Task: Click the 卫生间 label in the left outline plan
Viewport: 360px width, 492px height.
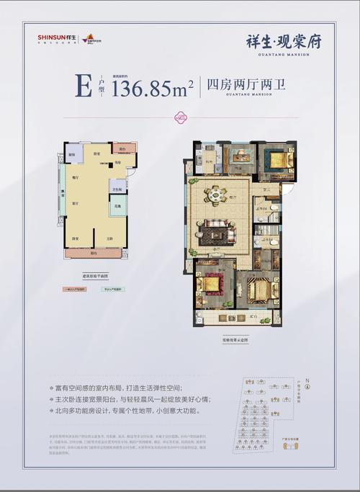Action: pyautogui.click(x=116, y=189)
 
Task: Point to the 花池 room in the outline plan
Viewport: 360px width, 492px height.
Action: pyautogui.click(x=117, y=207)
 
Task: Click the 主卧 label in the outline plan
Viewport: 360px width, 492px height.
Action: pyautogui.click(x=109, y=239)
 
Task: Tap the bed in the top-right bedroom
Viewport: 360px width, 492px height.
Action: pyautogui.click(x=278, y=159)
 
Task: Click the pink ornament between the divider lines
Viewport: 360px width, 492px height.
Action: pyautogui.click(x=179, y=117)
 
